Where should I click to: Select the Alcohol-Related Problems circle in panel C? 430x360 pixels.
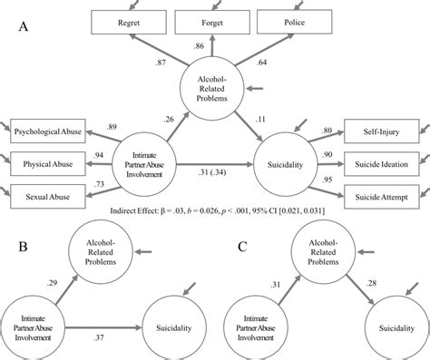click(x=320, y=252)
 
